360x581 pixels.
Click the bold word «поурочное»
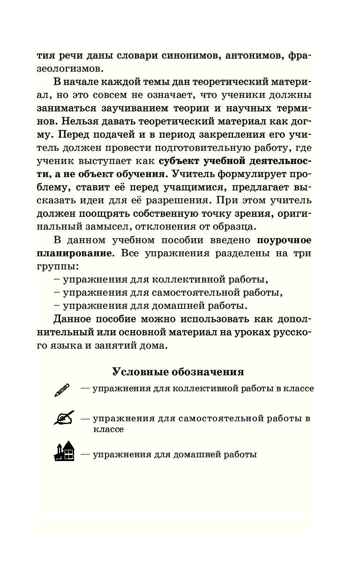(284, 240)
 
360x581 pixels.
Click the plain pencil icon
(62, 390)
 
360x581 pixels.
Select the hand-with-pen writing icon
(64, 417)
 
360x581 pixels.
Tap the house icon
(64, 451)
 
